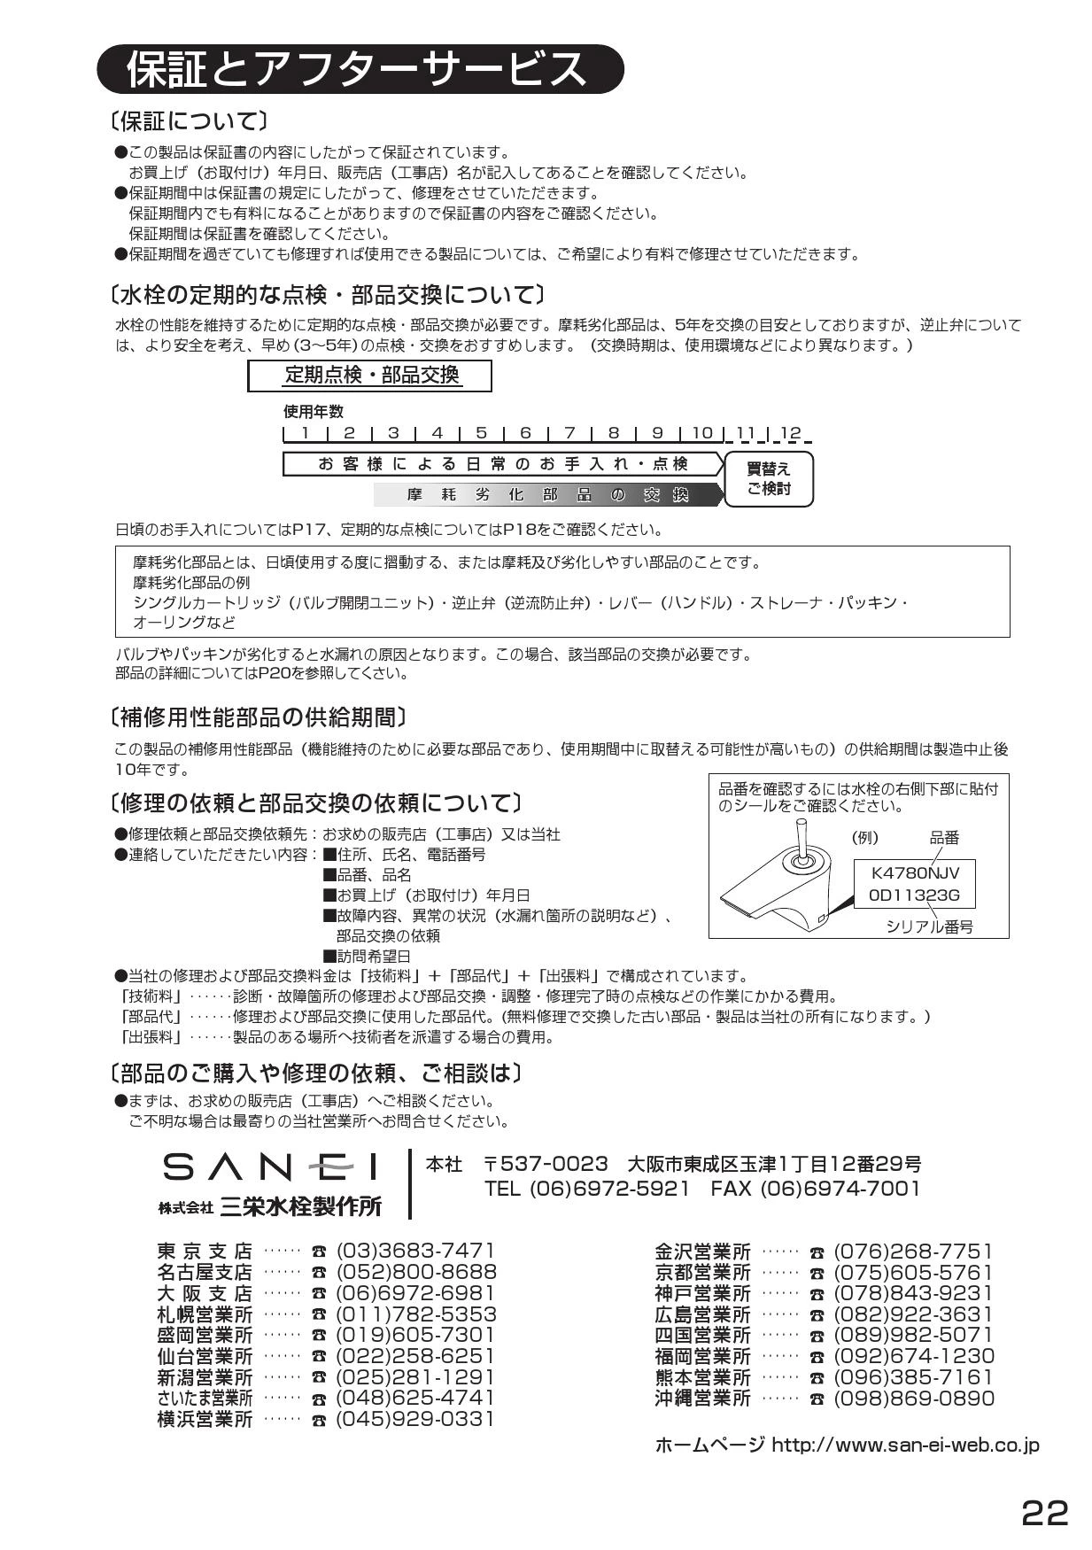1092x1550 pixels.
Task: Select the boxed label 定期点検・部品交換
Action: click(370, 375)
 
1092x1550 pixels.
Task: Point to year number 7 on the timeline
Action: click(569, 433)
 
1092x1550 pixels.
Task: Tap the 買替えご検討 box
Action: click(769, 479)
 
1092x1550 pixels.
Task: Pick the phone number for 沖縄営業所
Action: click(914, 1398)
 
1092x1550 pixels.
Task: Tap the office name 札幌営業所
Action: click(205, 1314)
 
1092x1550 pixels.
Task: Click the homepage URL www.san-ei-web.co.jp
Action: click(905, 1445)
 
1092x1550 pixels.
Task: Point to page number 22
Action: click(1045, 1512)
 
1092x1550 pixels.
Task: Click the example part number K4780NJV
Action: click(915, 872)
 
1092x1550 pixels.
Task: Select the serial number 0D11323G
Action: click(914, 895)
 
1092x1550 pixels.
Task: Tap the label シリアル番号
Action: click(930, 926)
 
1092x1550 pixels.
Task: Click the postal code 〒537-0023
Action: click(546, 1163)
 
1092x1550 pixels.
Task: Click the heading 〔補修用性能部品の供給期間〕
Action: click(259, 716)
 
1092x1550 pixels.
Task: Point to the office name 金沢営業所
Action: click(702, 1252)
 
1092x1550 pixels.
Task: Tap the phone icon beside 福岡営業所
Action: click(817, 1358)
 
